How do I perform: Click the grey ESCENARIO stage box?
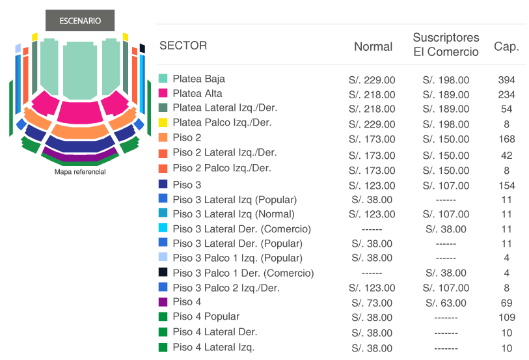coord(80,20)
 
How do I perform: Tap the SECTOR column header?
coord(183,46)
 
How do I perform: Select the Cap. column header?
coord(506,46)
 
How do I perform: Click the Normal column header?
coord(373,47)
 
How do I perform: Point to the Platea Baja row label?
coord(198,79)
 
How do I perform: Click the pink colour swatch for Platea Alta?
coord(163,93)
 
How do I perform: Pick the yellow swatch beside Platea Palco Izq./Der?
coord(163,122)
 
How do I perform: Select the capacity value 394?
coord(506,80)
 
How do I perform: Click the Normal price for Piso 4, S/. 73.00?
coord(372,303)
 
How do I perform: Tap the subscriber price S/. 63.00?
coord(446,303)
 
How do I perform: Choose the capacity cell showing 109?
coord(507,318)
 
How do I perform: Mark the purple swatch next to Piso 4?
coord(163,301)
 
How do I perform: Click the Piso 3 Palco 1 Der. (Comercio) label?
coord(243,273)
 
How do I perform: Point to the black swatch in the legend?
coord(163,272)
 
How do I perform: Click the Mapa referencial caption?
coord(80,172)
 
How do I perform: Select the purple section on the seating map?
coord(79,156)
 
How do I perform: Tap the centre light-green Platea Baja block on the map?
coord(80,71)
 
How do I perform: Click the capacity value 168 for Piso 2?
coord(507,139)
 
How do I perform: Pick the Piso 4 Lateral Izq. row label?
coord(213,347)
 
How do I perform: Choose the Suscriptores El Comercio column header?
coord(446,44)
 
